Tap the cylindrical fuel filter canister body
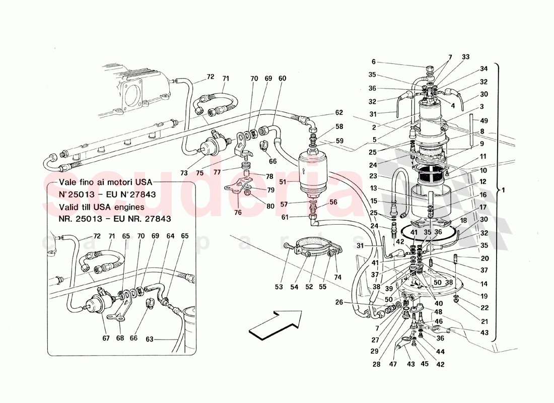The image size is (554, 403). tap(315, 174)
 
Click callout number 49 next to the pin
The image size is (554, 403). tap(484, 120)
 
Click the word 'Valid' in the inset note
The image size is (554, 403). tap(69, 207)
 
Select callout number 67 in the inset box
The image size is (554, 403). tap(105, 338)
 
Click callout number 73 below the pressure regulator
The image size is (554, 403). tap(184, 172)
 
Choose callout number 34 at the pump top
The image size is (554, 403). tap(483, 69)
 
